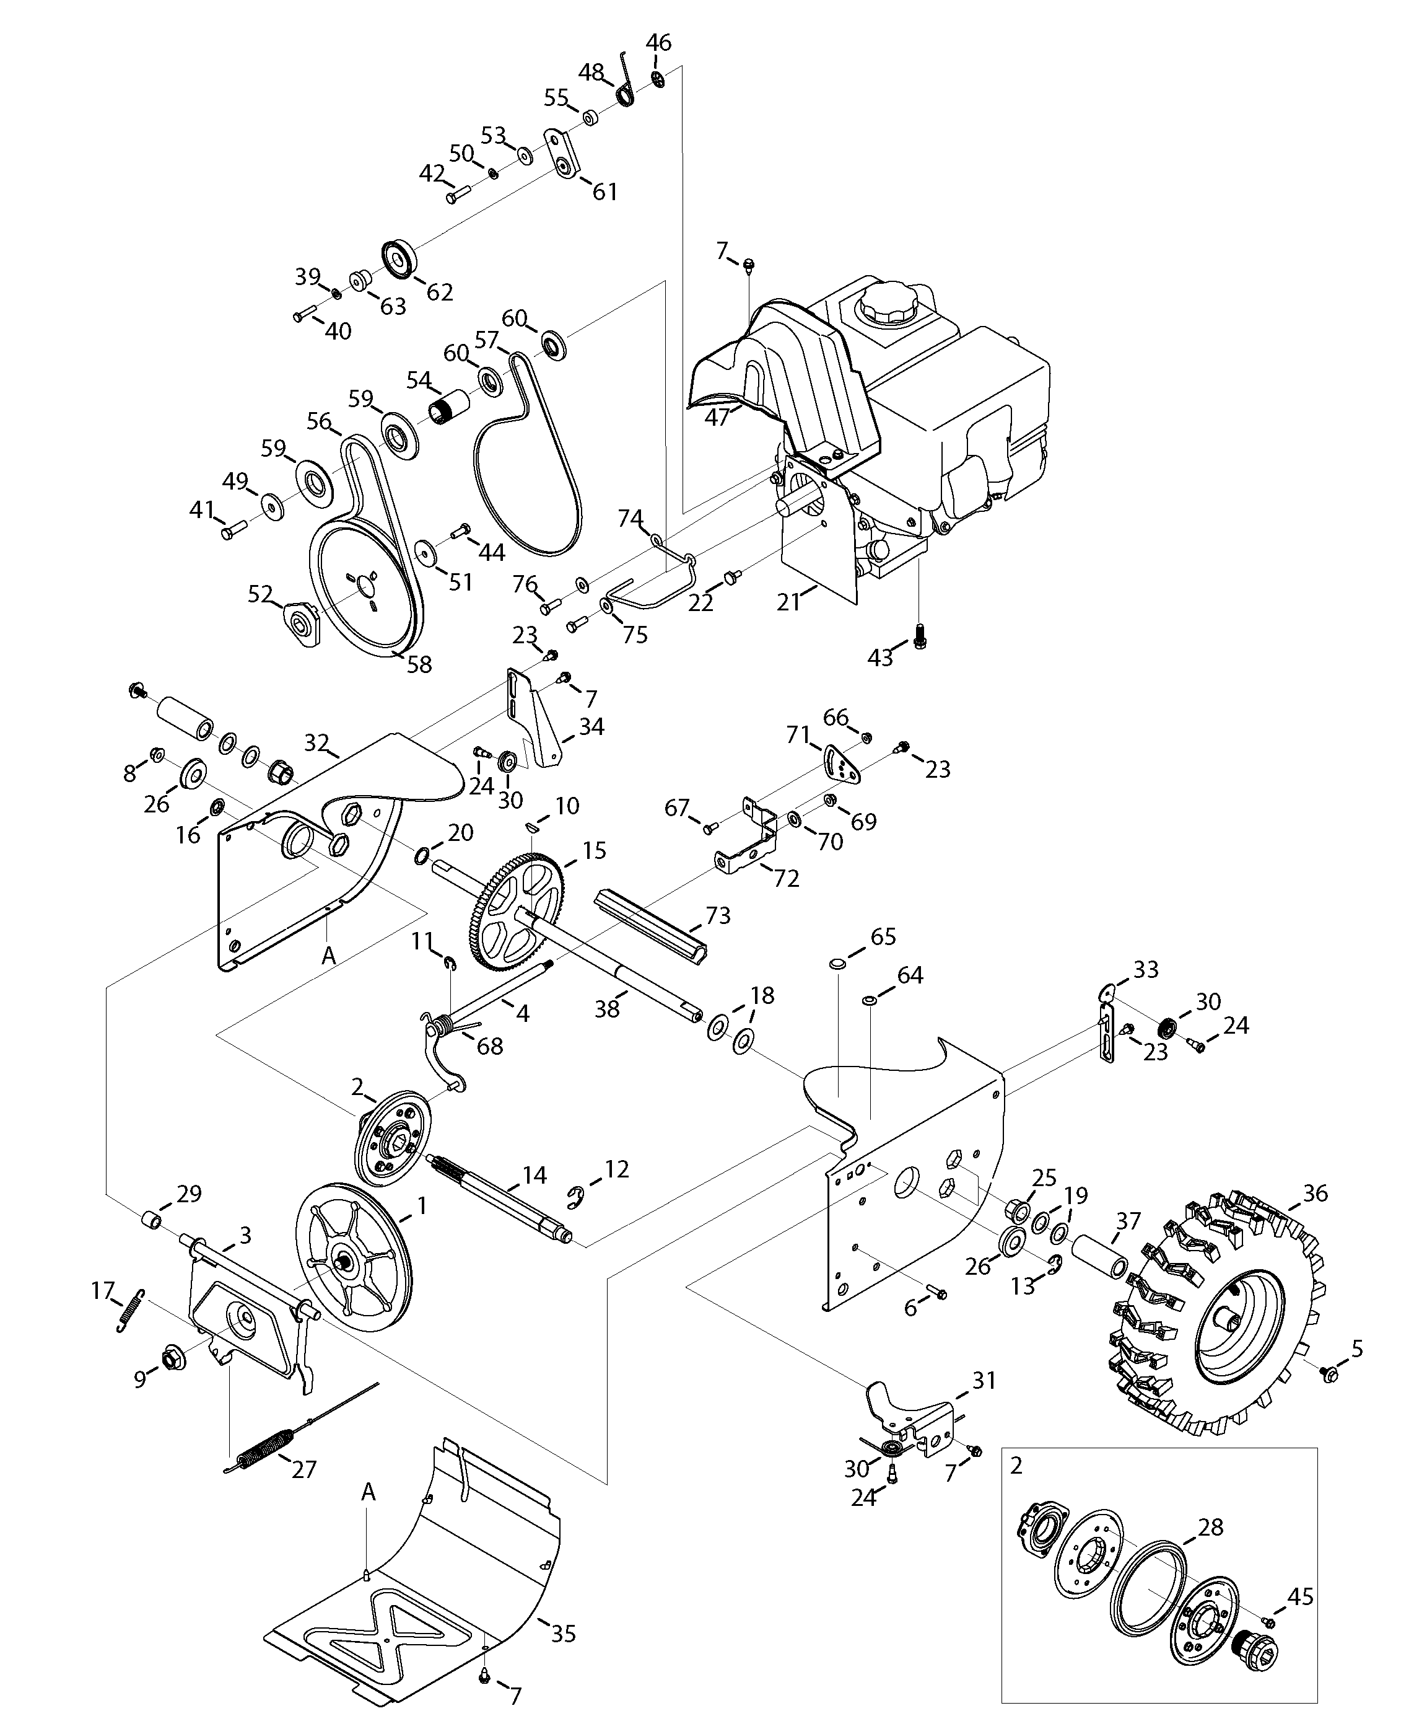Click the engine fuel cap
(887, 303)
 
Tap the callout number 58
(419, 664)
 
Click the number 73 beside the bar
(718, 915)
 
